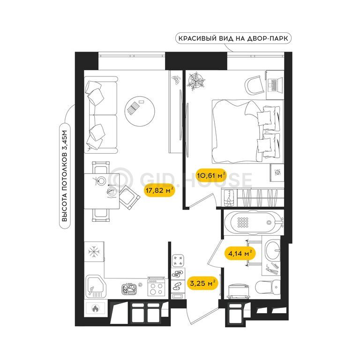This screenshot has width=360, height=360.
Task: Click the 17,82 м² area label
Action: (159, 190)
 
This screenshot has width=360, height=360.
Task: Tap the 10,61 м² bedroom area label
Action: (211, 175)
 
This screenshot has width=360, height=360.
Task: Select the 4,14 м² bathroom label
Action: (240, 254)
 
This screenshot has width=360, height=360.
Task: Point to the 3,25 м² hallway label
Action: (202, 283)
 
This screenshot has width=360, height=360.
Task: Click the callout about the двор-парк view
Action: (233, 38)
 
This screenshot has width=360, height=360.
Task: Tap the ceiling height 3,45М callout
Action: (65, 176)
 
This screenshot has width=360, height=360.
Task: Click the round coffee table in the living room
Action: (140, 111)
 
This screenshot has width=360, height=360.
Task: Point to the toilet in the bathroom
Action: (268, 287)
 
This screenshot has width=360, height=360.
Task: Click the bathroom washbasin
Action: (272, 249)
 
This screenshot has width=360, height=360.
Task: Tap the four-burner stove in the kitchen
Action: (156, 288)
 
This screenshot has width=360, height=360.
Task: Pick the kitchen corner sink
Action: (96, 287)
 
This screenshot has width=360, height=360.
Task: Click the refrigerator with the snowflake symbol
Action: (94, 251)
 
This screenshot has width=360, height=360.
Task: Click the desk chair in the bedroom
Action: (254, 85)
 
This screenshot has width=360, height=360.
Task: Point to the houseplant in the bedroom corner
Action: (196, 81)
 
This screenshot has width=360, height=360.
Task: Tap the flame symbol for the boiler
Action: (96, 308)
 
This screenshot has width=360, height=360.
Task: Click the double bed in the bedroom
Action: (248, 131)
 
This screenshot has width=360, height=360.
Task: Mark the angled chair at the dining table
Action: (129, 197)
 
